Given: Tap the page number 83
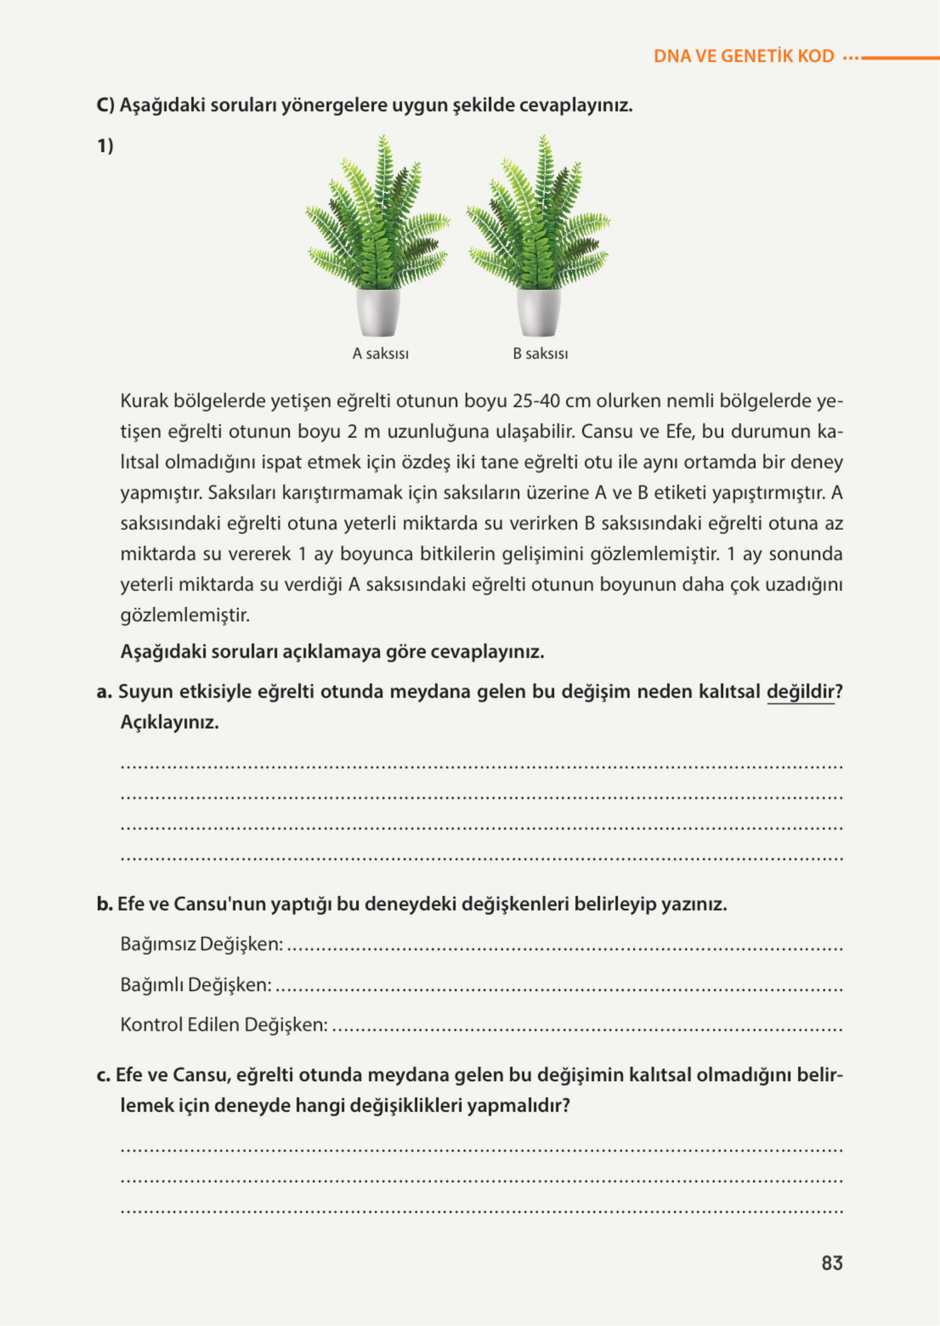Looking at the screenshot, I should point(832,1263).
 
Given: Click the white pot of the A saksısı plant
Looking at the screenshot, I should point(378,313).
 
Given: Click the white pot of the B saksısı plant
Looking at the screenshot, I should point(538,313).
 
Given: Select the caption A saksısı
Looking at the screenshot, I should point(380,354).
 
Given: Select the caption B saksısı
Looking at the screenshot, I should point(540,354).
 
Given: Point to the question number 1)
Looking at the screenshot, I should point(105,146).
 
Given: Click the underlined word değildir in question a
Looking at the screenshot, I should point(801,692).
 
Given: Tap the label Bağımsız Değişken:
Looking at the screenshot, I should point(202,944).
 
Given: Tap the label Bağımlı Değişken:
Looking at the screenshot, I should point(195,984).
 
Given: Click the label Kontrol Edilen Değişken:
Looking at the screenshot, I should point(223,1025).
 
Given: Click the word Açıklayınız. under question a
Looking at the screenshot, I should point(169,722).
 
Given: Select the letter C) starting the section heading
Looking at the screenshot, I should point(105,105).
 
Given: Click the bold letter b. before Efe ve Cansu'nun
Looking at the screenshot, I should point(104,904).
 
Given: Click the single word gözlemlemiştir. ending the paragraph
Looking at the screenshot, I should point(185,615).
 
